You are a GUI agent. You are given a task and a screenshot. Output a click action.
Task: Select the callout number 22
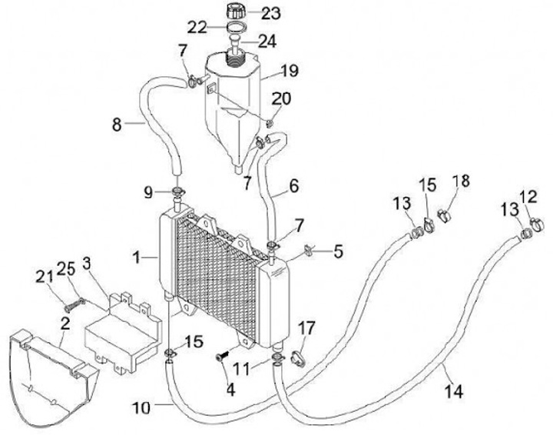(x=197, y=28)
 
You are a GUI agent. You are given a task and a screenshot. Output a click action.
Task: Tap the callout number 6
(x=296, y=187)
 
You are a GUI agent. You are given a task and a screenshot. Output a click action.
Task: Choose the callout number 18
(x=461, y=181)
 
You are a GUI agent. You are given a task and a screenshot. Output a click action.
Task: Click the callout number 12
(x=529, y=196)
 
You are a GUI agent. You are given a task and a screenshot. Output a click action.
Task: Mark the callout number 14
(x=454, y=391)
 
